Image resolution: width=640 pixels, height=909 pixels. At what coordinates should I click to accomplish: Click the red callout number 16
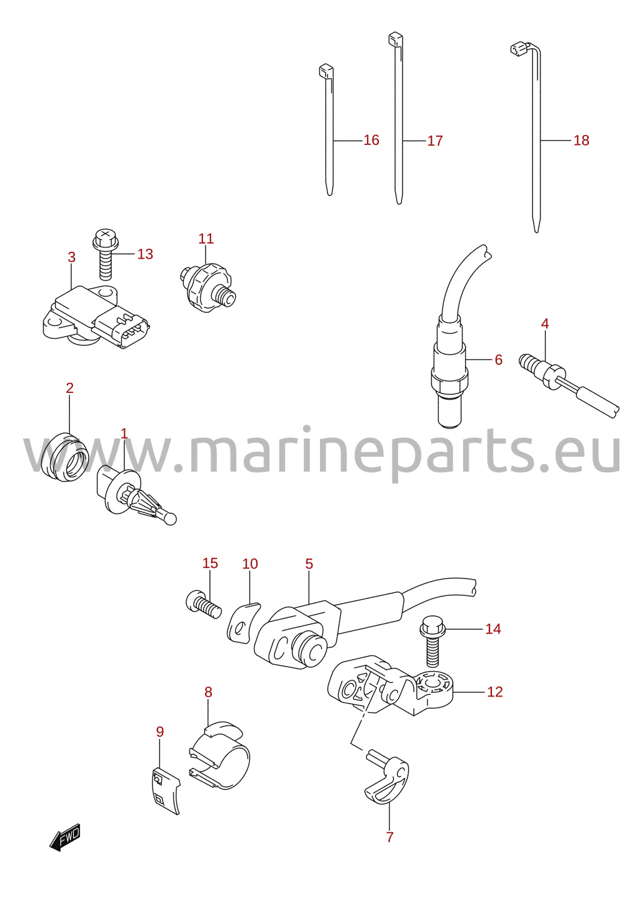pos(371,140)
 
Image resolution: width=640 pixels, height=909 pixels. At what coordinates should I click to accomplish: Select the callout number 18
pos(581,141)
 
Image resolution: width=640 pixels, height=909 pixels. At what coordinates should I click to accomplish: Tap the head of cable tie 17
pos(396,39)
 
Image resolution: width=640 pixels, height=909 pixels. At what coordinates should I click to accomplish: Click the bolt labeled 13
pos(105,254)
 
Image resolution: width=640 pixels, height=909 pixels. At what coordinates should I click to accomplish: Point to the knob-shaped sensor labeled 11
pos(207,287)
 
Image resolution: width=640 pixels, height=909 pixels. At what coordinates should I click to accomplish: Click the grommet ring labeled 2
pos(65,457)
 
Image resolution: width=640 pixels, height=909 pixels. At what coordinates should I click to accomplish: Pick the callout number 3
pos(71,257)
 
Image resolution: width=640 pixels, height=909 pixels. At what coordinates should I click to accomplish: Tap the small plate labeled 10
pos(244,623)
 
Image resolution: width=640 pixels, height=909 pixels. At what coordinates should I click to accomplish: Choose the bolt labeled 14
pos(432,647)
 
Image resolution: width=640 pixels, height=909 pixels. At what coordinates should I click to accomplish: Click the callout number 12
pos(495,692)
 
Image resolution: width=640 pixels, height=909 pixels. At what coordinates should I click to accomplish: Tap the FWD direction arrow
pos(65,837)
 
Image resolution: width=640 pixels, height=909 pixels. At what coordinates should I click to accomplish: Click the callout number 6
pos(499,360)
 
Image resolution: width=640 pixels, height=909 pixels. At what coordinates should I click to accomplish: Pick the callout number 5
pos(309,564)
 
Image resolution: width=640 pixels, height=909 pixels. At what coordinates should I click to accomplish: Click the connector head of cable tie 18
pos(517,49)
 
